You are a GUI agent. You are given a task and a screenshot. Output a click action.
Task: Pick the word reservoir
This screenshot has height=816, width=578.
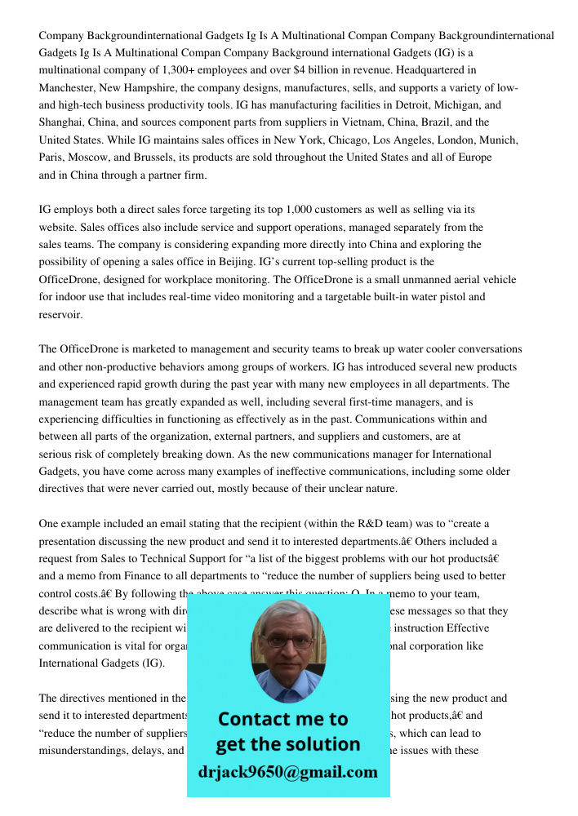[60, 314]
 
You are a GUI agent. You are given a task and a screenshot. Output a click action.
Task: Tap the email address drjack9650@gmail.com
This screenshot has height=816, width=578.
[287, 772]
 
